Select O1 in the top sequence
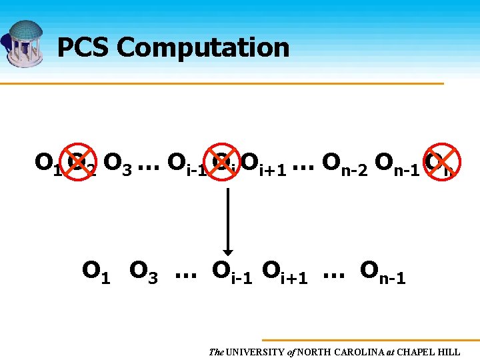(x=47, y=163)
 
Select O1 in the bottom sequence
(x=96, y=271)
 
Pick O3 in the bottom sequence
(x=143, y=271)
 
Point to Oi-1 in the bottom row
(x=232, y=272)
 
